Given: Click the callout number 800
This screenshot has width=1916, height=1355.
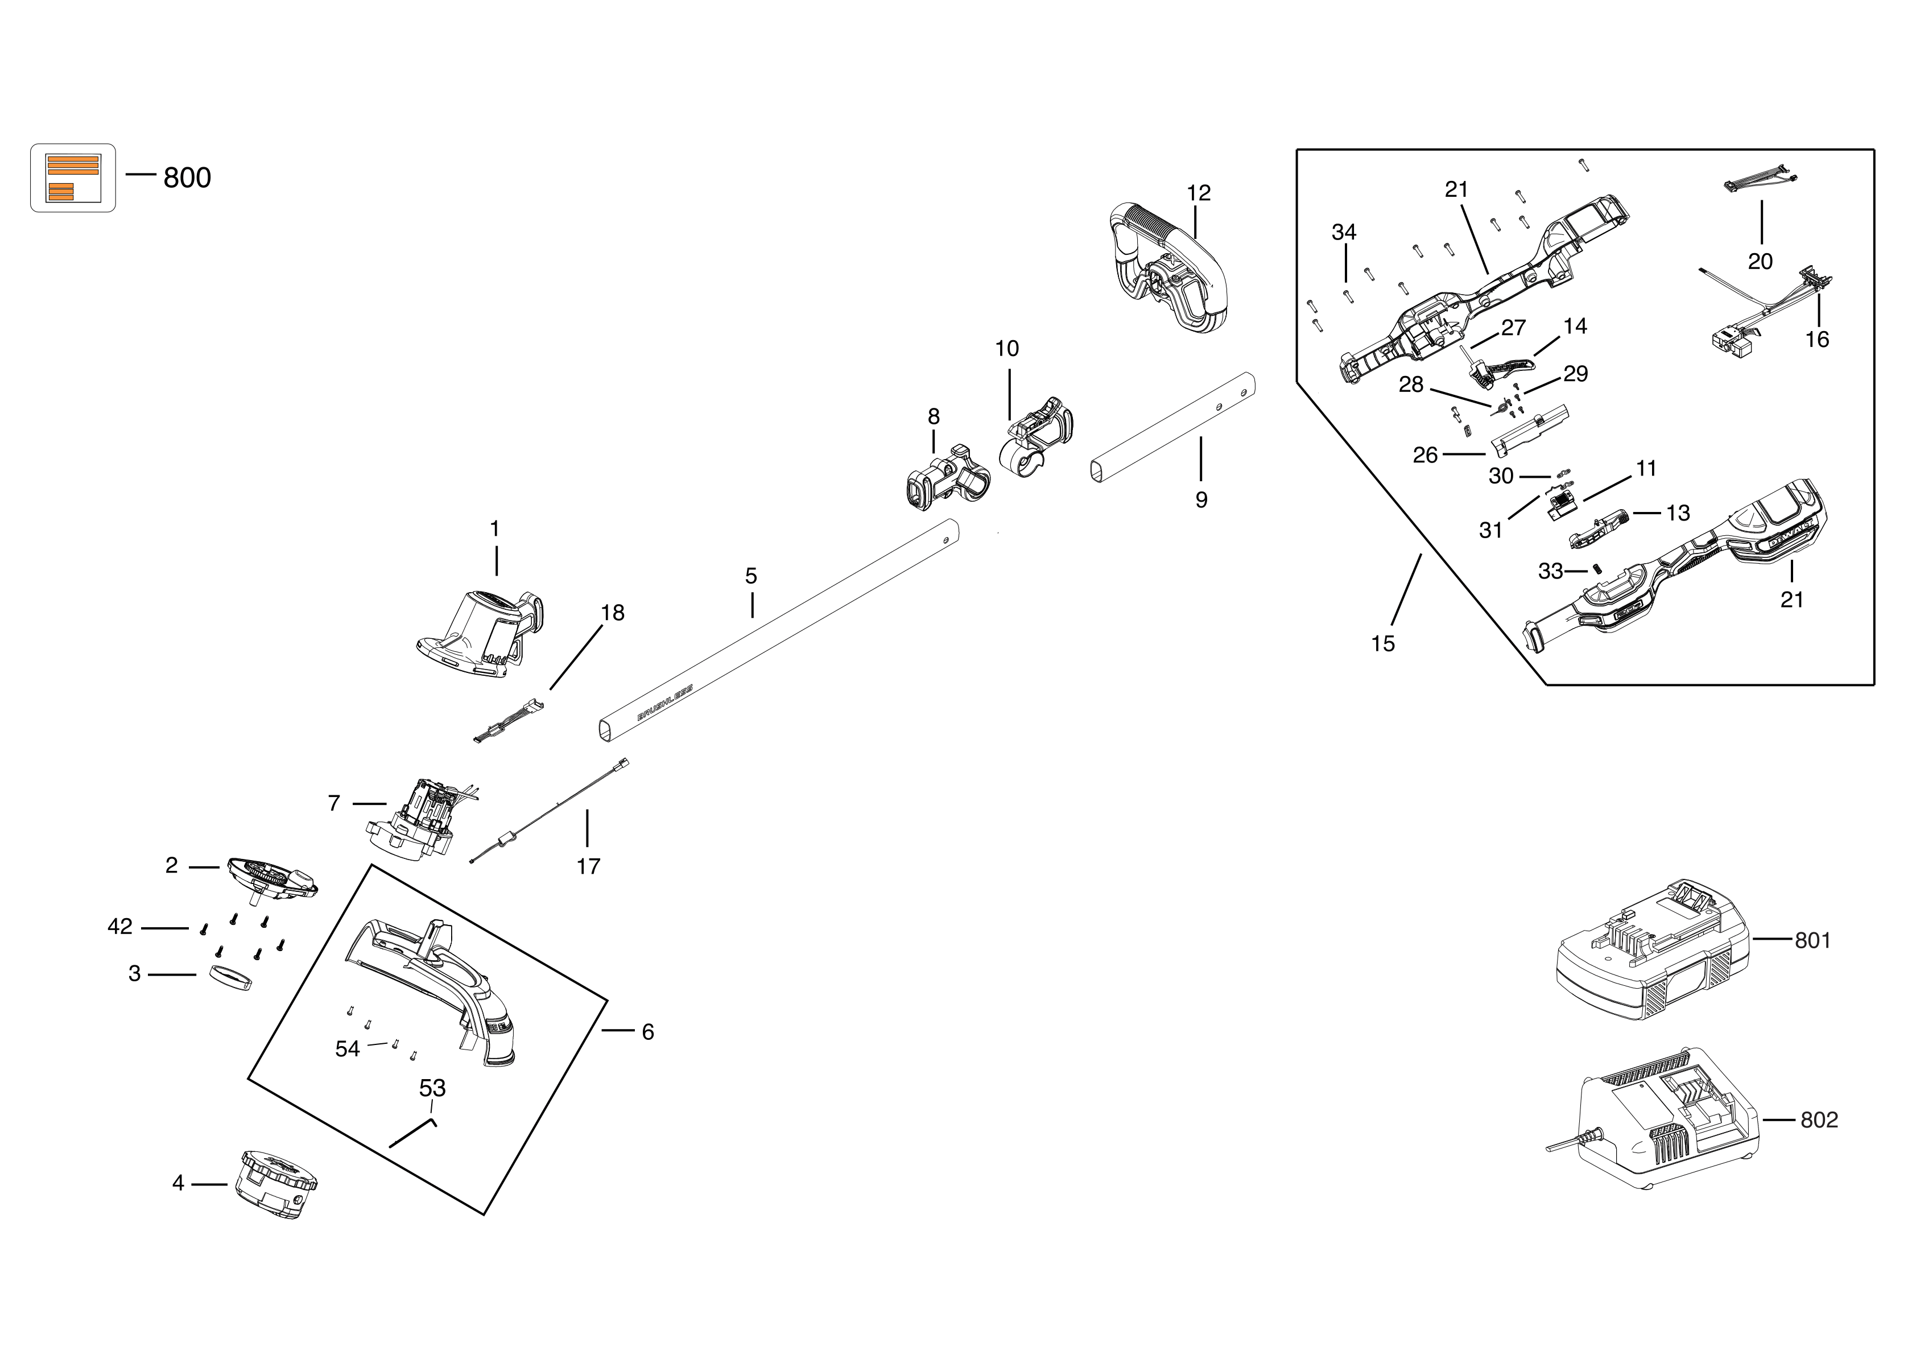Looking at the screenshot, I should [187, 177].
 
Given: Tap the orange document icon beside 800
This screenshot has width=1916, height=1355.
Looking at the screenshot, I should [73, 177].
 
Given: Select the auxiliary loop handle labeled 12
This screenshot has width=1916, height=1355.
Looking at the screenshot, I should [1168, 267].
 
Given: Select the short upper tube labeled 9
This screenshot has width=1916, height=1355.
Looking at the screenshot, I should [1172, 425].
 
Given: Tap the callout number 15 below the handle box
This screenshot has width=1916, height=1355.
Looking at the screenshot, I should [1383, 643].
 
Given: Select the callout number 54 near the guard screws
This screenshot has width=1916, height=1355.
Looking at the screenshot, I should [347, 1049].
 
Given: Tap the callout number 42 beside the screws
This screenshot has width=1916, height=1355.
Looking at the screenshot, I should [120, 927].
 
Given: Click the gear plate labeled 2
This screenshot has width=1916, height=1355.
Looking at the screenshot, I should [271, 878].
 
